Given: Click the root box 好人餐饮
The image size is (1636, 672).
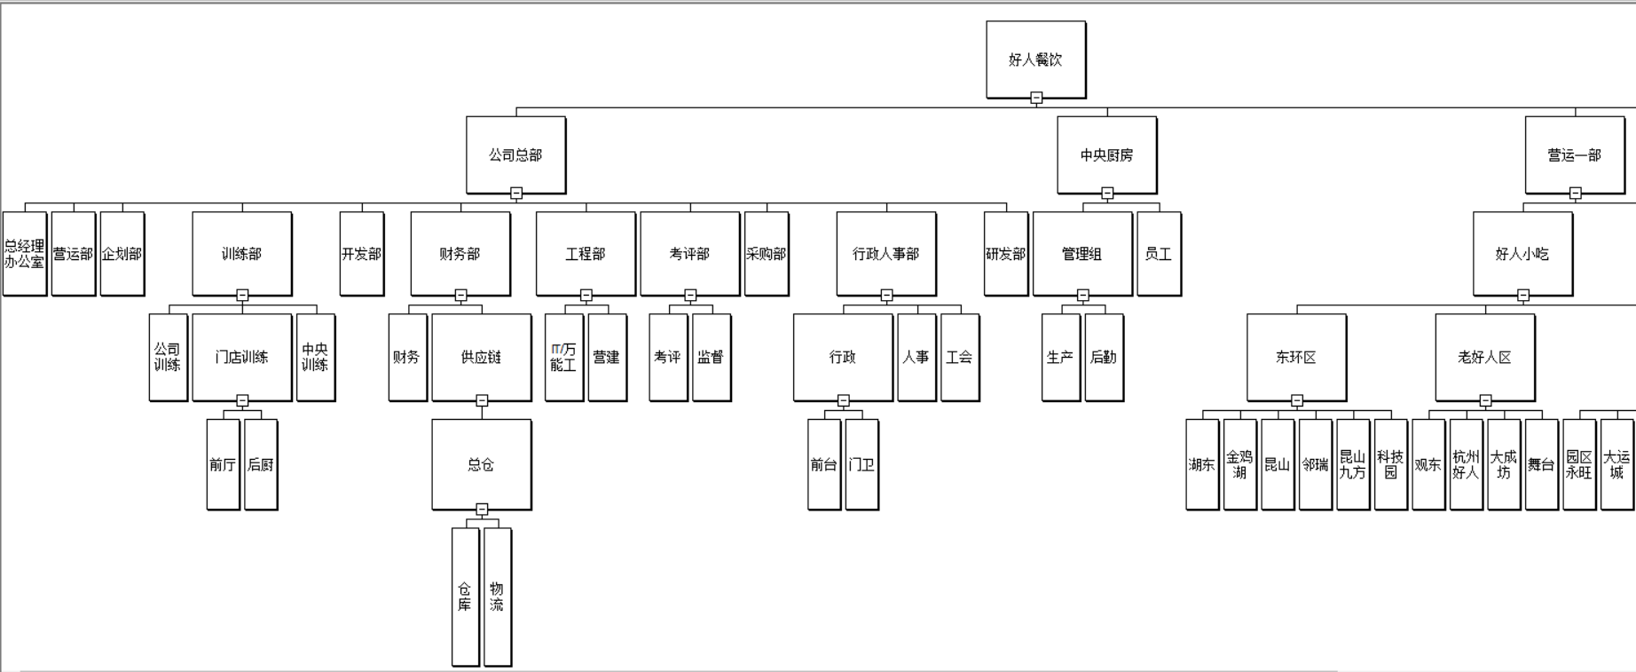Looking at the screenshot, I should tap(1035, 59).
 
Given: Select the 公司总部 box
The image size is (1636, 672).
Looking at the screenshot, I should tap(515, 154).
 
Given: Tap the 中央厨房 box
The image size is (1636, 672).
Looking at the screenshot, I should tap(1106, 154).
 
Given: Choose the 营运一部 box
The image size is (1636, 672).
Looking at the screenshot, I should tap(1575, 154).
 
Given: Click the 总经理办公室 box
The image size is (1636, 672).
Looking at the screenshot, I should tap(25, 254).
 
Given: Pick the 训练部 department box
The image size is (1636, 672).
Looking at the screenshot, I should tap(241, 254).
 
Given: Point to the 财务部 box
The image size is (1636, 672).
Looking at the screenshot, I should tap(460, 254).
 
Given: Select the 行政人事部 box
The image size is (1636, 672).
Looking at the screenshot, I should tap(885, 254).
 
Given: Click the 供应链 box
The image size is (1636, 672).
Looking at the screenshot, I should tap(481, 357).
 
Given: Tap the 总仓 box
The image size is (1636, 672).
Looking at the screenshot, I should tap(481, 464).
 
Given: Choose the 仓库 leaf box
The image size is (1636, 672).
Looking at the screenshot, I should tap(465, 597).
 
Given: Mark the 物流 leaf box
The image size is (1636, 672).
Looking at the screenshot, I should tap(497, 597).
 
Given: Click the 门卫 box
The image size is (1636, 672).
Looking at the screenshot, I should tap(861, 464).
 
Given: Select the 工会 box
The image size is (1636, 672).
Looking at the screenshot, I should tap(959, 357).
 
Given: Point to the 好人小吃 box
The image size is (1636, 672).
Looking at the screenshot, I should tap(1522, 254).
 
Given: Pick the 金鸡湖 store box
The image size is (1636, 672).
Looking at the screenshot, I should tap(1239, 464).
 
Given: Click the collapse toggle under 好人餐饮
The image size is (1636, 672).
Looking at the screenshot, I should tap(1036, 99).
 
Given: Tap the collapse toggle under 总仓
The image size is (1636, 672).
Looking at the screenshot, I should tap(482, 510).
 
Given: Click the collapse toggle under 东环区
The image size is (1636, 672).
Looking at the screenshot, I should tap(1297, 401).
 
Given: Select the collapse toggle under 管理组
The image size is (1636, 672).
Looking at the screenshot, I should tap(1083, 296).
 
